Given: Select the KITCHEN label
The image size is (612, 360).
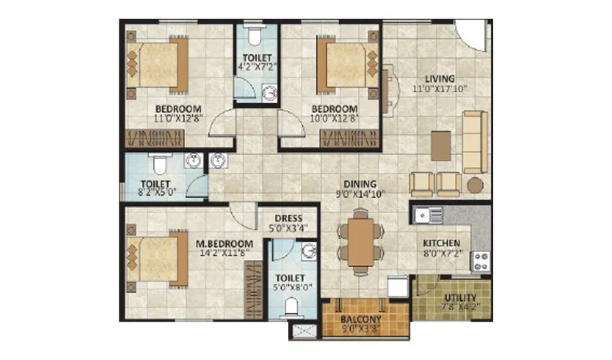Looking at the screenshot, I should click(441, 243).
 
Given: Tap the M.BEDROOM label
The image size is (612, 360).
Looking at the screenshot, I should click(225, 243).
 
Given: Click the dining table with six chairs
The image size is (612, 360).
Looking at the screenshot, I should click(358, 241).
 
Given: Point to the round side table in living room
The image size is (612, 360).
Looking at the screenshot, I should click(474, 185).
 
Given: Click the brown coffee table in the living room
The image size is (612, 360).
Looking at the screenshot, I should click(441, 145).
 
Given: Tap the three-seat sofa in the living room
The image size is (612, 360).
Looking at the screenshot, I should click(474, 141).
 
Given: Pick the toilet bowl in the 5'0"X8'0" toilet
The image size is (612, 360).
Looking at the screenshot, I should click(291, 307).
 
